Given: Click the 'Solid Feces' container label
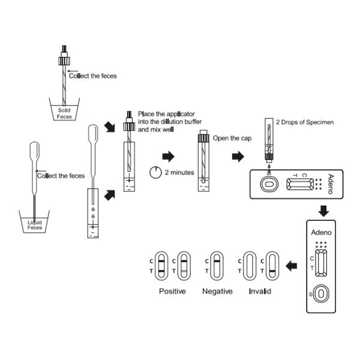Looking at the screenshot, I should (64, 113).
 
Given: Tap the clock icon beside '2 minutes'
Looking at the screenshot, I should (155, 173).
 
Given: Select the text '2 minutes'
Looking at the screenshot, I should (179, 173).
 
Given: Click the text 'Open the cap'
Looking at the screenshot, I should (230, 138).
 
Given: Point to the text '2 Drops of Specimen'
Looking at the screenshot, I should (304, 122).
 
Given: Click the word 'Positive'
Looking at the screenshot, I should (172, 291).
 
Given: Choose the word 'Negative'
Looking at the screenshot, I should (218, 291).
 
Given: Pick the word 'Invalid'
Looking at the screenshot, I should (260, 291).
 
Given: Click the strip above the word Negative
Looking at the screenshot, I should (217, 266).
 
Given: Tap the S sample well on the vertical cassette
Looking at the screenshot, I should (322, 293).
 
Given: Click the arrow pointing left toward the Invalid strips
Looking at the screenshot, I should (292, 266).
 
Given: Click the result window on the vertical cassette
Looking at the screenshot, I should (322, 265).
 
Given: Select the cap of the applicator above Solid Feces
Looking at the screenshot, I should (64, 59).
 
